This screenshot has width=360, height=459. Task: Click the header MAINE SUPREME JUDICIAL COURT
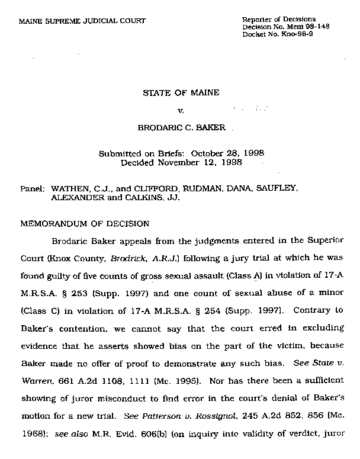tap(82, 21)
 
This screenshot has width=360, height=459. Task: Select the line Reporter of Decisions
tap(279, 20)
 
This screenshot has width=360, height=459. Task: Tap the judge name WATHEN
tap(69, 188)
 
